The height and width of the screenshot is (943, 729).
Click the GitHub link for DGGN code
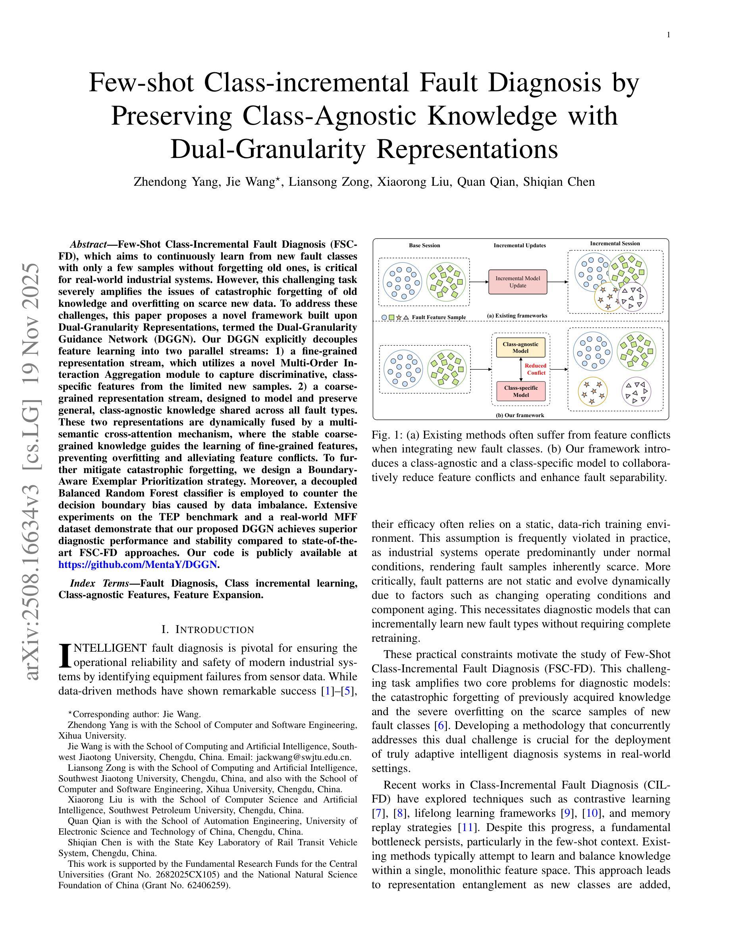137,565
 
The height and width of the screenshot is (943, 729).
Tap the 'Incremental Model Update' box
517,282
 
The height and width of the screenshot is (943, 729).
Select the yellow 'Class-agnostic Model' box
521,348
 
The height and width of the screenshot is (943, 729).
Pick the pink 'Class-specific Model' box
521,391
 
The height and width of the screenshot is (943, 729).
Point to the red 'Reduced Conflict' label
535,369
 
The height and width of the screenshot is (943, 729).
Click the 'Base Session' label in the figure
424,246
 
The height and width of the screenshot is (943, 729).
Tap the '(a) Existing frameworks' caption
517,316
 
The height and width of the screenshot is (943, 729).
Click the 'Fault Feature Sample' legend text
438,318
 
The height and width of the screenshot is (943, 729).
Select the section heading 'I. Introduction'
208,630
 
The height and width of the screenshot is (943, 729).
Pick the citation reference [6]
440,726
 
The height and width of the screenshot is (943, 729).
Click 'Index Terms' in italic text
99,583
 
